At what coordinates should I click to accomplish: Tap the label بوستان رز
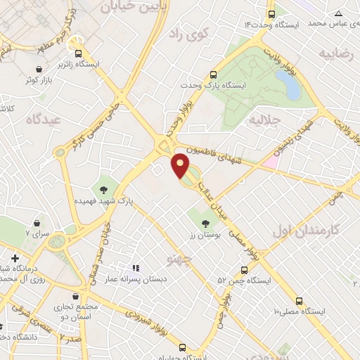pos(206,237)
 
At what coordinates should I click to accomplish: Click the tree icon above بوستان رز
pos(205,224)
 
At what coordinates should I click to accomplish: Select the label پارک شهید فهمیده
pos(104,201)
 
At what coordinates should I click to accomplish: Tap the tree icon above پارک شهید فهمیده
pos(104,188)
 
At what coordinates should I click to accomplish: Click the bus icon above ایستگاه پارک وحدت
pos(214,73)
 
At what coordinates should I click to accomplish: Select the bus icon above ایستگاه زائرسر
pos(77,53)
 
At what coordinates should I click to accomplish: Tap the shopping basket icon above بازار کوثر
pos(37,68)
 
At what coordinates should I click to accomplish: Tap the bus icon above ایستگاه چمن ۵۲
pos(244,269)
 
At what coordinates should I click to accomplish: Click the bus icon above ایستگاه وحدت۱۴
pos(271,14)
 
